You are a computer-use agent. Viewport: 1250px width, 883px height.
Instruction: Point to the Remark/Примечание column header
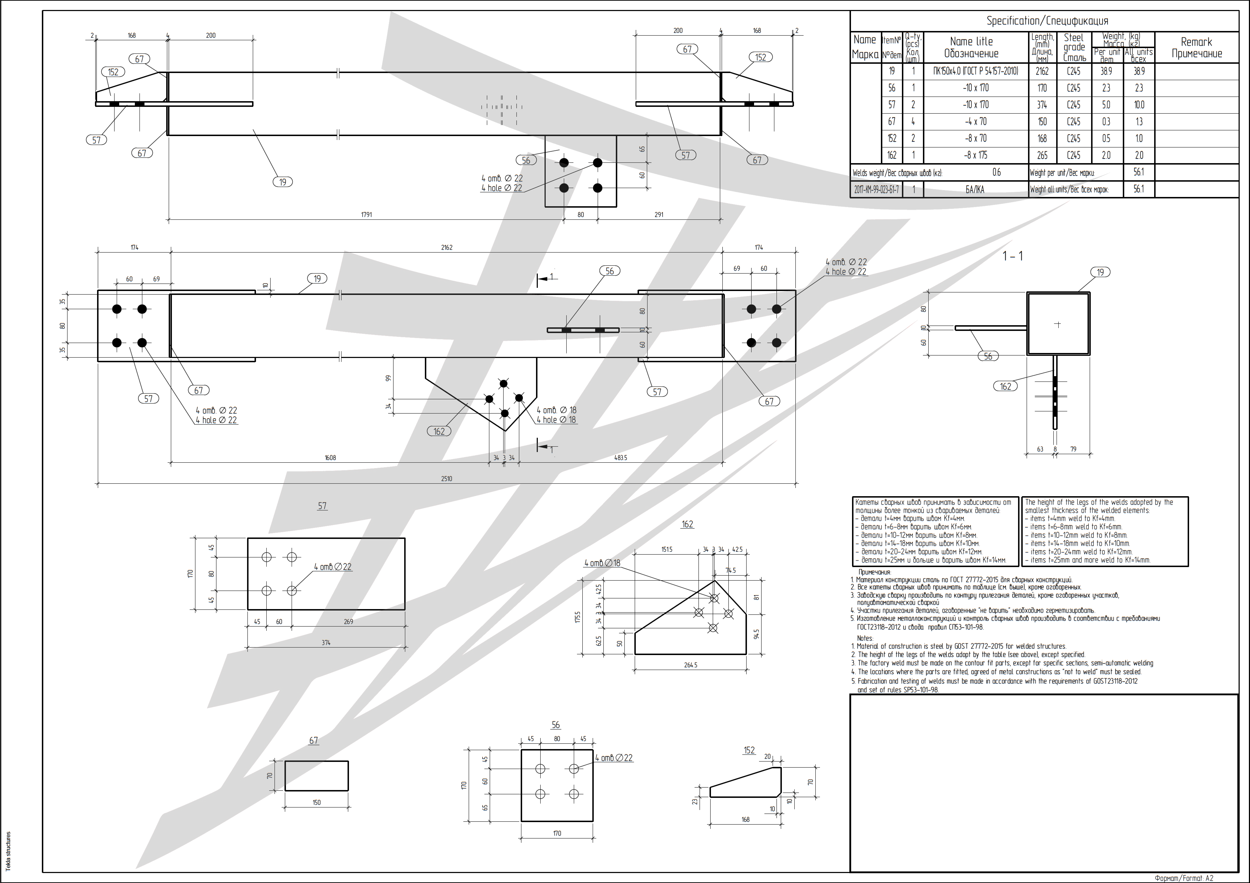click(1196, 47)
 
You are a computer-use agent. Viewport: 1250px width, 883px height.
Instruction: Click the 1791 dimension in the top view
click(366, 214)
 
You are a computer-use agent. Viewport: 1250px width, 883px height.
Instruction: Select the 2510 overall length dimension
click(446, 479)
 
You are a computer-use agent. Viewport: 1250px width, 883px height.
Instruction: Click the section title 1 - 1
click(1013, 256)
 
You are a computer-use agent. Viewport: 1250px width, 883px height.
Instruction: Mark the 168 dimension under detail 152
click(745, 819)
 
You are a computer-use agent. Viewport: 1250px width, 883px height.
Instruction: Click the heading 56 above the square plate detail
click(555, 724)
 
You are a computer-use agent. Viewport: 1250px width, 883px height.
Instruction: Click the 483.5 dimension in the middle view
click(621, 458)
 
